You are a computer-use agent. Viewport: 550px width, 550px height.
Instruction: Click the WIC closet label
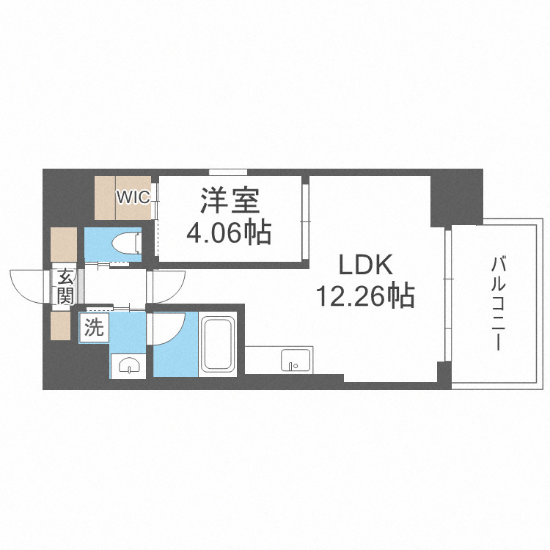coord(133,197)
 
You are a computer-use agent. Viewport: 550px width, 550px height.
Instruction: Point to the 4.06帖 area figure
coord(229,232)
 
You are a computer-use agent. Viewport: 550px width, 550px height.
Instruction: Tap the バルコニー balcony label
coord(500,303)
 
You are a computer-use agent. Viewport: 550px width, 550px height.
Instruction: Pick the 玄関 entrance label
coord(65,287)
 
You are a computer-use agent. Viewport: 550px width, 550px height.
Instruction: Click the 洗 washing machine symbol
coord(93,328)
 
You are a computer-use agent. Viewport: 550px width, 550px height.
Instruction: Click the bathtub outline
coord(220,344)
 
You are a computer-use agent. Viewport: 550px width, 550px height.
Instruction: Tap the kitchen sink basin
coord(296,360)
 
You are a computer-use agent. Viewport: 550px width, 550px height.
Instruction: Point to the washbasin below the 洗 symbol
coord(128,364)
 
